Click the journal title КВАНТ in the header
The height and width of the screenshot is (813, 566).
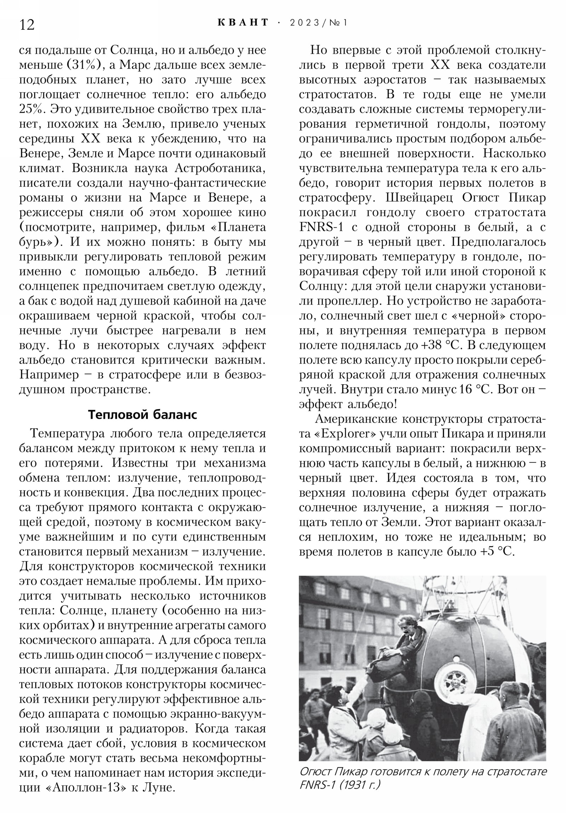tap(243, 23)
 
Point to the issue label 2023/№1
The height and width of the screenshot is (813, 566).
tap(319, 23)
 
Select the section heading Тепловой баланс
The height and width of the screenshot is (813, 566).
tap(142, 415)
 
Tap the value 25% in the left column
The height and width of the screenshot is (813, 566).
tap(32, 110)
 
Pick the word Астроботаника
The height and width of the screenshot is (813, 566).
tap(220, 168)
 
